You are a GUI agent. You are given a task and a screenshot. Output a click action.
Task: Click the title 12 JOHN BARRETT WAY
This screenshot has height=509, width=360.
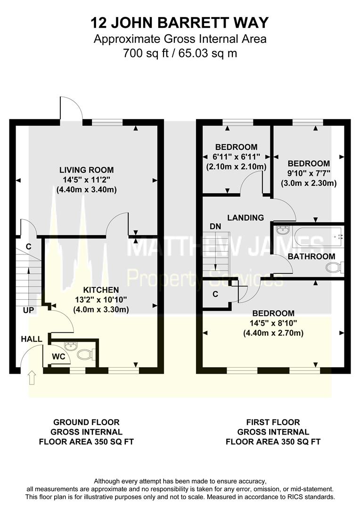(x=180, y=23)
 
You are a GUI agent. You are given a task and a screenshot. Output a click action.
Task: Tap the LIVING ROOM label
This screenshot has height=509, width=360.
(x=86, y=170)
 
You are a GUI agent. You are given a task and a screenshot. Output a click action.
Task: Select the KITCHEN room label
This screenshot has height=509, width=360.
(x=101, y=290)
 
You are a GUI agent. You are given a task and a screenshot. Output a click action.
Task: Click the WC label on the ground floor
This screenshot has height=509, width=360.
(x=58, y=357)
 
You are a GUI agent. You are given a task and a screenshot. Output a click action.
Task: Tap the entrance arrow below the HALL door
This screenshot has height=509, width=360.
(x=32, y=378)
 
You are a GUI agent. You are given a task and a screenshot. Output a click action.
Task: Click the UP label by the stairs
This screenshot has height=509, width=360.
(x=28, y=310)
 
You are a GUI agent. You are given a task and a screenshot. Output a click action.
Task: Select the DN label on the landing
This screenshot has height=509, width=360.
(x=215, y=226)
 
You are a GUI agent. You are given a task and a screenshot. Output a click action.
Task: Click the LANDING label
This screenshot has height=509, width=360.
(x=245, y=217)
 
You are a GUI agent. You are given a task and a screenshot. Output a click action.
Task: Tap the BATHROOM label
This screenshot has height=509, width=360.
(x=311, y=256)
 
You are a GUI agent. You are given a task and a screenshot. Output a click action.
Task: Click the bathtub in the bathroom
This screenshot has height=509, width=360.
(x=318, y=237)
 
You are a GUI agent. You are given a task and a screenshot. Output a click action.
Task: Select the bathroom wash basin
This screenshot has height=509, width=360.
(x=283, y=231)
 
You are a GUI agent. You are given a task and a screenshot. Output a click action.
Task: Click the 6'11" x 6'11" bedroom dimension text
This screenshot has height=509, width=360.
(x=237, y=157)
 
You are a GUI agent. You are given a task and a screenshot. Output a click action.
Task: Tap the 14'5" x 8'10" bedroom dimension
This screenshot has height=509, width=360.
(x=273, y=323)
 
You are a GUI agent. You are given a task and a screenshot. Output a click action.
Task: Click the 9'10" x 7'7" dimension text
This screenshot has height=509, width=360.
(x=309, y=173)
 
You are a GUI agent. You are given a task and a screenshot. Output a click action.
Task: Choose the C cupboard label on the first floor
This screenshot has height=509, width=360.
(x=215, y=295)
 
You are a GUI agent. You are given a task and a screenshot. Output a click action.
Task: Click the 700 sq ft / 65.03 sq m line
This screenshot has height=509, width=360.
(x=180, y=53)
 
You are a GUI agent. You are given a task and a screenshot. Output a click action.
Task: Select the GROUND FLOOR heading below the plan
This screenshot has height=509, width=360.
(x=86, y=422)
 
